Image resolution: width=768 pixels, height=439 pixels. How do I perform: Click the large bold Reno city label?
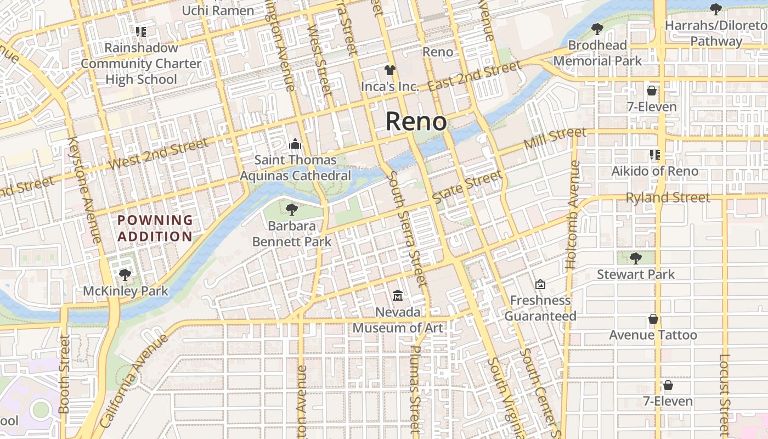click(x=416, y=121)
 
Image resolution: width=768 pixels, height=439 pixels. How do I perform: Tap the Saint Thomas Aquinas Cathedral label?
click(x=296, y=168)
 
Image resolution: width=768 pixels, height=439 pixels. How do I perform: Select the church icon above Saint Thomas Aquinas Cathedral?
click(x=296, y=144)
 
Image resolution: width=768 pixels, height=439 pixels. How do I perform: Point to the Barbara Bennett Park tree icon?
click(x=292, y=209)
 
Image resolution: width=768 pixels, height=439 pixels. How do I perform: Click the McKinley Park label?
click(x=125, y=291)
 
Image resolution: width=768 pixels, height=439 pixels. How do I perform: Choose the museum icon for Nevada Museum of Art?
click(x=398, y=296)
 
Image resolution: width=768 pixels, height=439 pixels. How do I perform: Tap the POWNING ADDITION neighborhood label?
click(x=155, y=228)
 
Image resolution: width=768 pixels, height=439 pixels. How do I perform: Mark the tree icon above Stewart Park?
click(x=635, y=258)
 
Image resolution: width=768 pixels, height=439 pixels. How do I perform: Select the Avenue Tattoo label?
click(x=653, y=335)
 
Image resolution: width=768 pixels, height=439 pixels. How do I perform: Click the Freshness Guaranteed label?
click(x=540, y=308)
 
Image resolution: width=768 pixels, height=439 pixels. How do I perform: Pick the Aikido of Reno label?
click(x=655, y=171)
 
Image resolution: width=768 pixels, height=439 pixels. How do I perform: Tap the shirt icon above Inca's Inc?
click(x=389, y=70)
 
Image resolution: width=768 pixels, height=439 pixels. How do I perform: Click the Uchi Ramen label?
click(x=218, y=10)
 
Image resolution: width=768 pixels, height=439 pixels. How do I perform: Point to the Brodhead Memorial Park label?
click(x=597, y=53)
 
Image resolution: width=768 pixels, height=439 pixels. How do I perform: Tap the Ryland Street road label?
click(x=668, y=198)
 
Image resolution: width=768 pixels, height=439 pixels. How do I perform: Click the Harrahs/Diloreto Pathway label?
click(x=715, y=33)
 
